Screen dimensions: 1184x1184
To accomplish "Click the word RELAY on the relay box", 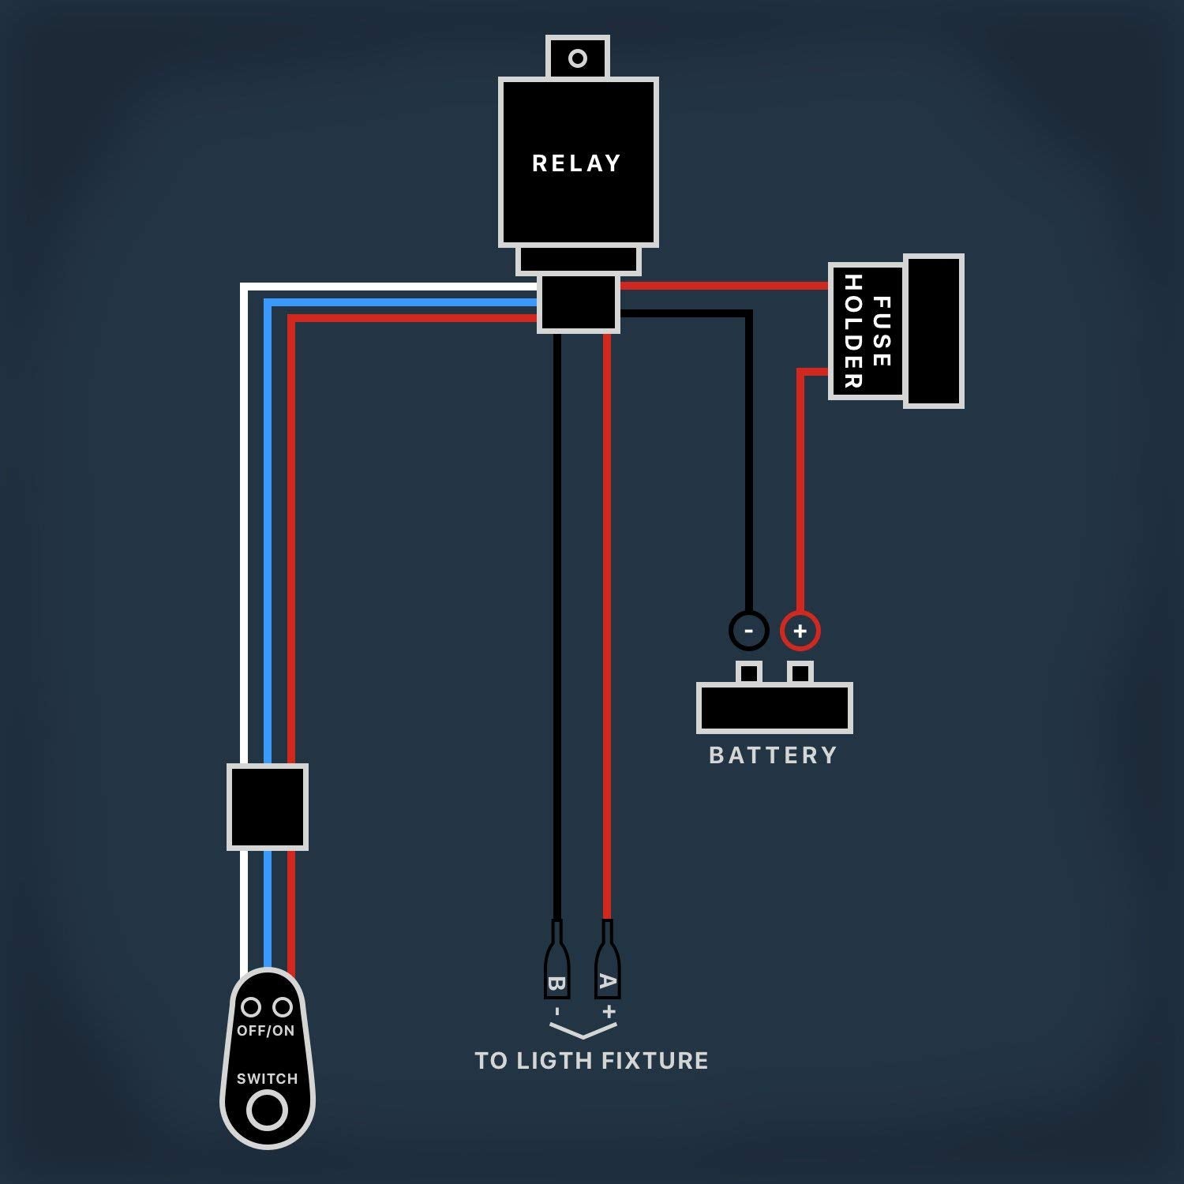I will [x=576, y=163].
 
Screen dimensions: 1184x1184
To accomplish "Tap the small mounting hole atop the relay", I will [x=578, y=58].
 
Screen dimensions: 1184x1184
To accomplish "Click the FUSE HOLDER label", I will [x=867, y=332].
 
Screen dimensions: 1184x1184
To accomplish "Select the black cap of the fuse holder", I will [x=934, y=331].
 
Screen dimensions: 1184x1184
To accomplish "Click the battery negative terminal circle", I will [x=748, y=631].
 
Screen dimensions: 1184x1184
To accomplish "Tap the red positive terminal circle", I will [x=800, y=631].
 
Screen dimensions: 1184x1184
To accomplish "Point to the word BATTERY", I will [x=773, y=755].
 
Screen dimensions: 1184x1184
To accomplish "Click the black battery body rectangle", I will [x=774, y=708].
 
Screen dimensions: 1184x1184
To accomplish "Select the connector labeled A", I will [x=607, y=967].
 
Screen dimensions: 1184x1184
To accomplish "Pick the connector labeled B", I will [x=556, y=967].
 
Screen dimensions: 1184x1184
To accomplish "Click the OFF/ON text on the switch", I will [x=266, y=1031].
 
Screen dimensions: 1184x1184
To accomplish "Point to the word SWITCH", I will [x=267, y=1078].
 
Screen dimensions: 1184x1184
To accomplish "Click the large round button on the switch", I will [x=267, y=1111].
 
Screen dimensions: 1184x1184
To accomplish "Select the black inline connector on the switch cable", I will [x=267, y=807].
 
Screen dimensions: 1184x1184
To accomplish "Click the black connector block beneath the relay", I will [x=579, y=303].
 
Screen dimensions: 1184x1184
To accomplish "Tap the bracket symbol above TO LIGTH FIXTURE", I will [x=583, y=1030].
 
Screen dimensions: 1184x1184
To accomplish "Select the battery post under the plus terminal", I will [x=800, y=673].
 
